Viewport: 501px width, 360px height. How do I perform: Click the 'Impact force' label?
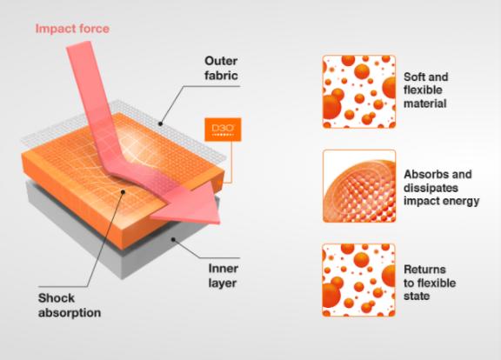(72, 29)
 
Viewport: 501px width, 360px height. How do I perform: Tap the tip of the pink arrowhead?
(220, 223)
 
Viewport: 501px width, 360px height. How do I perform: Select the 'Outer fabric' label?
(221, 68)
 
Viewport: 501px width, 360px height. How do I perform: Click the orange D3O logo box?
(223, 130)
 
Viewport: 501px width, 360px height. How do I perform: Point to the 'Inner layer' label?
(223, 276)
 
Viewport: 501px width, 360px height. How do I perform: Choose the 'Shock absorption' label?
(70, 305)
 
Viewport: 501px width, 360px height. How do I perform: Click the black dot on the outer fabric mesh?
(160, 124)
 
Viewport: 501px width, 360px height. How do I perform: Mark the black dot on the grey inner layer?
(173, 239)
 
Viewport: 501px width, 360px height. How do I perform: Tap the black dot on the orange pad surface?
(123, 191)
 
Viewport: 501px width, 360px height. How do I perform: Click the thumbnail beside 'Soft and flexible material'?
(359, 91)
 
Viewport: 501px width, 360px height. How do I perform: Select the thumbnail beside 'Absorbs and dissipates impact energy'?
(359, 186)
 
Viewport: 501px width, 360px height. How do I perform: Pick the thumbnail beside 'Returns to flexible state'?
(359, 280)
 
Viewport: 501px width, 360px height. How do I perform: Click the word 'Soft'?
(414, 77)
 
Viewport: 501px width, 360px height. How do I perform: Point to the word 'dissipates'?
(431, 188)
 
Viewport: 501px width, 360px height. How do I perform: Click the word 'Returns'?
(424, 270)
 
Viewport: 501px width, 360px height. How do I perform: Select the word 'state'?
(417, 297)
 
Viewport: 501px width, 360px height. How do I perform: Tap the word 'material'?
(425, 103)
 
